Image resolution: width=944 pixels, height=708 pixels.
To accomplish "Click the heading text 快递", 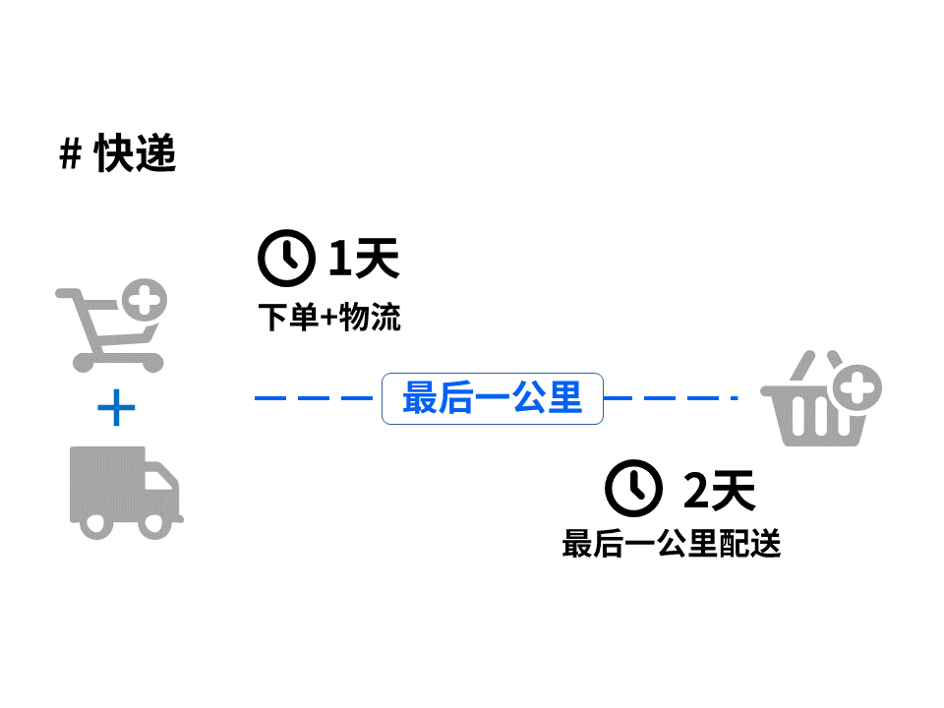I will (x=136, y=153).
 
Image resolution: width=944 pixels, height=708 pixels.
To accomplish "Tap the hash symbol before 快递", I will (x=70, y=154).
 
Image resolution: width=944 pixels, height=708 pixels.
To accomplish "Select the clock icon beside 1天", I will (x=286, y=258).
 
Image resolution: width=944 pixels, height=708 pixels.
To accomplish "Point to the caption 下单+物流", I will (x=329, y=318).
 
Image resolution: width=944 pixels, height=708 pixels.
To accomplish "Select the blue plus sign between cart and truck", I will (x=116, y=407).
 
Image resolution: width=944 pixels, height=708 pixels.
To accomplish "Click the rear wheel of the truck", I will (x=95, y=523).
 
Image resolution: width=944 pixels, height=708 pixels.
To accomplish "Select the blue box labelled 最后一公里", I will (x=492, y=398).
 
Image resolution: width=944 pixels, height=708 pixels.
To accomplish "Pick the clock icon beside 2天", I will (x=633, y=488).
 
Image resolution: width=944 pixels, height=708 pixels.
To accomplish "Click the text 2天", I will (x=719, y=490).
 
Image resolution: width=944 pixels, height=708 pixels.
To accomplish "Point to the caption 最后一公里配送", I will (x=671, y=543).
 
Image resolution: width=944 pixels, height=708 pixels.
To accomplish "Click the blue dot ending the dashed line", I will (x=735, y=398).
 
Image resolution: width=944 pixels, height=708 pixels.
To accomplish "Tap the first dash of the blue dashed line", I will (x=269, y=398).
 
